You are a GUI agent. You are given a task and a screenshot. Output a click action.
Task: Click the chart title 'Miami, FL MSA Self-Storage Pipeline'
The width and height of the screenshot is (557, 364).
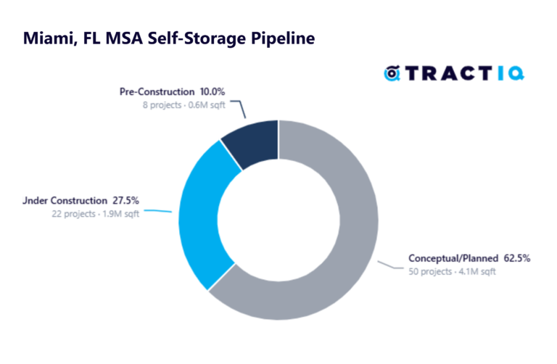pyautogui.click(x=169, y=38)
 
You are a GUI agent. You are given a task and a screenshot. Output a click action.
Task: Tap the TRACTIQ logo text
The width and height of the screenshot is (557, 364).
pyautogui.click(x=464, y=73)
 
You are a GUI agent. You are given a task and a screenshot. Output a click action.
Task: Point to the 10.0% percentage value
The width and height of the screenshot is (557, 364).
pyautogui.click(x=213, y=92)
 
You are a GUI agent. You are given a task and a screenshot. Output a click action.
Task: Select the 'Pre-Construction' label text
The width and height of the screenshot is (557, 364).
pyautogui.click(x=157, y=92)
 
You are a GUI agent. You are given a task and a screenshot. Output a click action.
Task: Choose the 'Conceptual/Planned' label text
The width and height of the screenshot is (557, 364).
pyautogui.click(x=453, y=258)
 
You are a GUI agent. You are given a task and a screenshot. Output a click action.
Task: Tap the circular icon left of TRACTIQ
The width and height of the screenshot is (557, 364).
pyautogui.click(x=392, y=73)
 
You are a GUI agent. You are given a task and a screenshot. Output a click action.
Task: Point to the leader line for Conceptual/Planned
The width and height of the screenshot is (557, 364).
pyautogui.click(x=388, y=265)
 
